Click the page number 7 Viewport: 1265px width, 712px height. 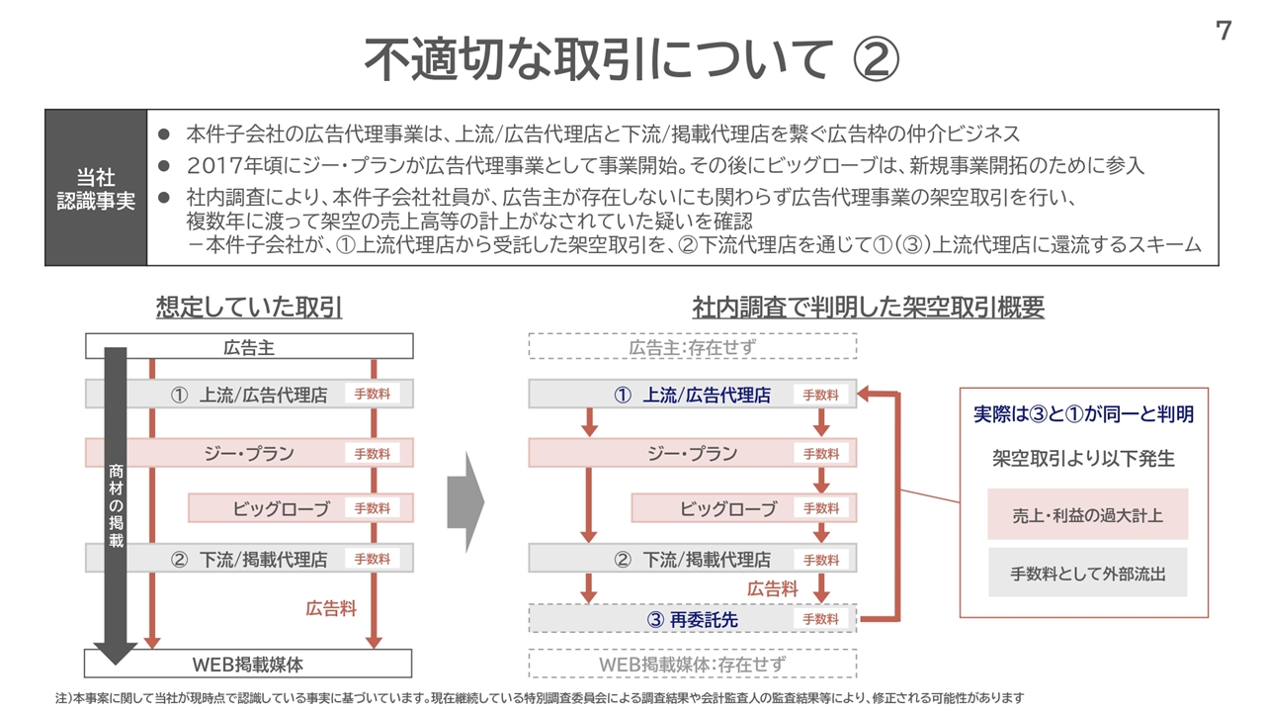pos(1223,32)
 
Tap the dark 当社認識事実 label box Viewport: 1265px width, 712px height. pos(96,188)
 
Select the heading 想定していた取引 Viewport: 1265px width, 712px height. pos(249,308)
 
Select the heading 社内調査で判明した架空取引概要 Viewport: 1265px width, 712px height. pos(868,308)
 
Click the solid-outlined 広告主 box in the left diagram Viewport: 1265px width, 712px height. pos(249,346)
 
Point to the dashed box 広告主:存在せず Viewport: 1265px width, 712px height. pos(692,347)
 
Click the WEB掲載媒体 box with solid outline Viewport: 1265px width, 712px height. pos(249,664)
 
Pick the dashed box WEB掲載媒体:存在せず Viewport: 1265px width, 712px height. pos(692,665)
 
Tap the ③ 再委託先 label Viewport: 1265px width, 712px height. pos(692,620)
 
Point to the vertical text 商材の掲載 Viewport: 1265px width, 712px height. pos(116,504)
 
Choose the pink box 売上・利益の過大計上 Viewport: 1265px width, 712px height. pos(1087,514)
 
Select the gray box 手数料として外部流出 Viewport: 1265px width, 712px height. pos(1087,573)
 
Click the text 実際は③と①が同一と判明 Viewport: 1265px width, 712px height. pos(1083,414)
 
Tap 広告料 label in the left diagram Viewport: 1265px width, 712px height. pos(331,609)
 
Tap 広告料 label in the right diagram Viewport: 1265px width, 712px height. pos(772,588)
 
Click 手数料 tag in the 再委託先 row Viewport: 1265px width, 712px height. pos(820,619)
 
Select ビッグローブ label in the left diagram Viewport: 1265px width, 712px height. pos(281,508)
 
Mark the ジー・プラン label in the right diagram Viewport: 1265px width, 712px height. pos(692,454)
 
